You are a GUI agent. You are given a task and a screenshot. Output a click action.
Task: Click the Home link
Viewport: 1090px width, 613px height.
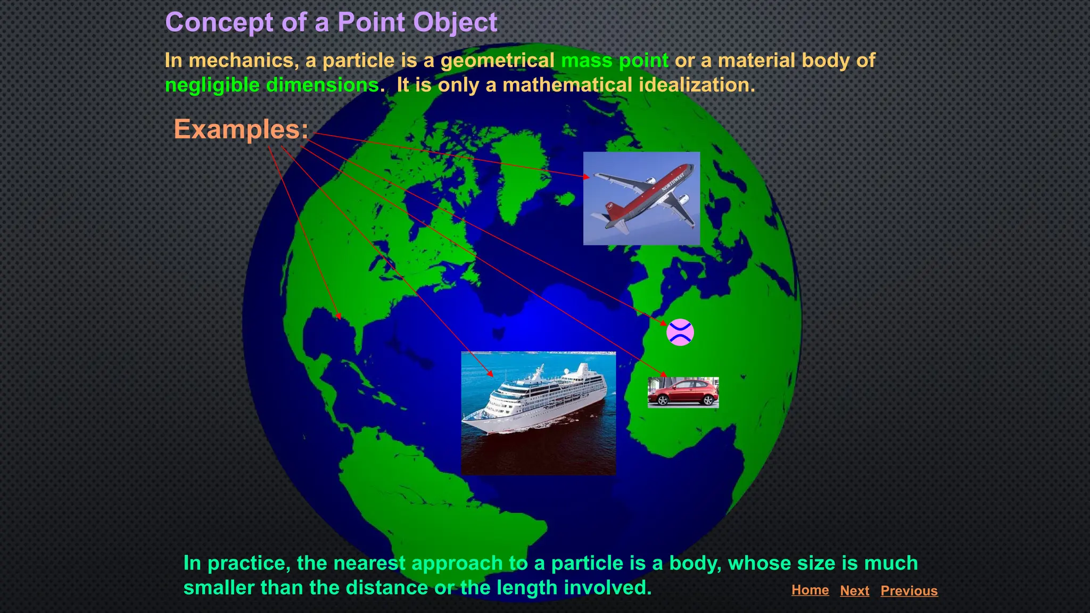click(x=810, y=590)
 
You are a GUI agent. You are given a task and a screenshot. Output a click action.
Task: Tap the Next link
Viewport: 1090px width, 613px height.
click(x=854, y=591)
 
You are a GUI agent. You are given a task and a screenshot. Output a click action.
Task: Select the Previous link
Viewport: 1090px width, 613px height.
click(x=909, y=591)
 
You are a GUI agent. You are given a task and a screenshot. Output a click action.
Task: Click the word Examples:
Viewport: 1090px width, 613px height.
click(x=241, y=129)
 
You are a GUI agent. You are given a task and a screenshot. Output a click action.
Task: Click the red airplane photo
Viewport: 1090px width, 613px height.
click(x=641, y=198)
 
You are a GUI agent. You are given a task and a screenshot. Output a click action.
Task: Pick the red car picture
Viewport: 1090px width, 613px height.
click(x=683, y=393)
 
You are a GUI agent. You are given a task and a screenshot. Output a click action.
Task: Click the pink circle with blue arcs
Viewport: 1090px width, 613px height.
click(x=680, y=333)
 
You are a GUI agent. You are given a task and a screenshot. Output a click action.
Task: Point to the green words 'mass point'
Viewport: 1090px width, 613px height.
click(x=615, y=61)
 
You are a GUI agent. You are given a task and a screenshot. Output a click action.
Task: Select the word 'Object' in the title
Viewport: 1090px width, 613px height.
click(x=455, y=22)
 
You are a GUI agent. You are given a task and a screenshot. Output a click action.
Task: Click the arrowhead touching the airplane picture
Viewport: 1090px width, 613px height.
click(x=587, y=177)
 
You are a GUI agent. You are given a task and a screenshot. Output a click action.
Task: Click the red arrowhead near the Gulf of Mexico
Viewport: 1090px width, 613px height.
click(x=338, y=317)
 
